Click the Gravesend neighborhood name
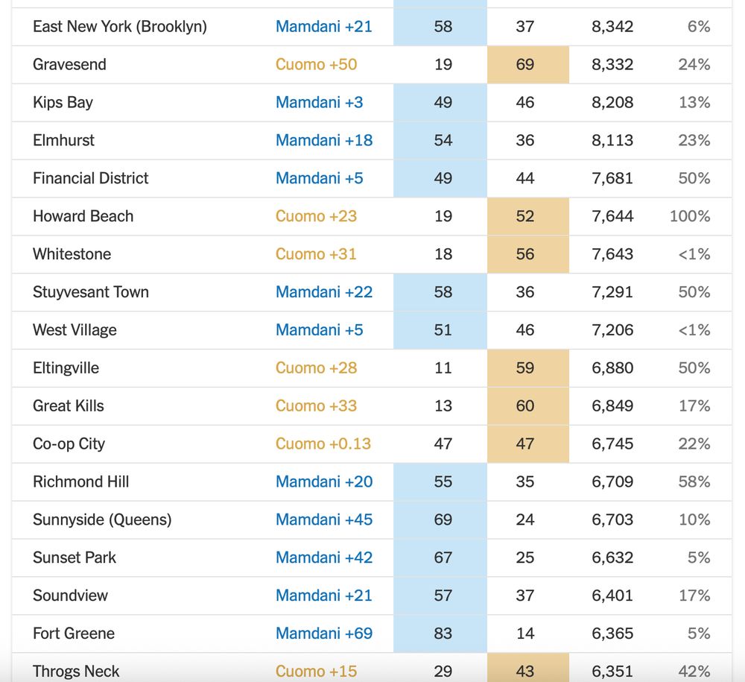(x=69, y=65)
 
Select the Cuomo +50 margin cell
(x=316, y=65)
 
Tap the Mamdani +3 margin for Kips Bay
(x=319, y=103)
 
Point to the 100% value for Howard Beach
(x=689, y=216)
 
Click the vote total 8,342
(x=612, y=27)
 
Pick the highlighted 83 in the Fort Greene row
(x=443, y=634)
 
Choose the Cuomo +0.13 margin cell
(x=323, y=444)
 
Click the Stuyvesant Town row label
(x=90, y=292)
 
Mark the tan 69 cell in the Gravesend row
(x=525, y=65)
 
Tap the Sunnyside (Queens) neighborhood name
(x=102, y=520)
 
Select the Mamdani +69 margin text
(x=323, y=634)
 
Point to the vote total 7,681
(x=612, y=178)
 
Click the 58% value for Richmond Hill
(x=694, y=481)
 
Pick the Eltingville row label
(x=66, y=368)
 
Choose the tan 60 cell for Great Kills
(x=525, y=406)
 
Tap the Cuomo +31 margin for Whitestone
(x=316, y=254)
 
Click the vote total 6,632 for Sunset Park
(x=612, y=558)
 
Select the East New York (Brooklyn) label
(x=119, y=27)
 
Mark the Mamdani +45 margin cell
(x=323, y=520)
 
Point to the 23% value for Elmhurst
(x=694, y=140)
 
